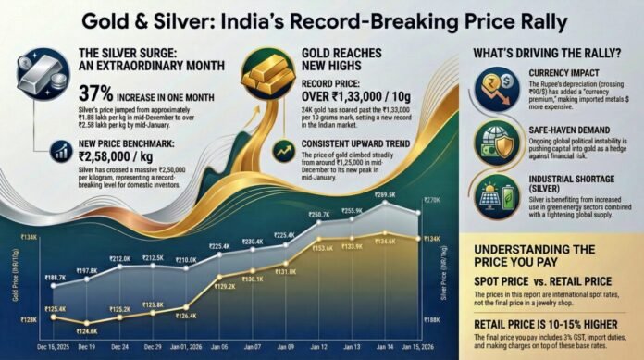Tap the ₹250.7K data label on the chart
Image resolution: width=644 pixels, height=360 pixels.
coord(318,214)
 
